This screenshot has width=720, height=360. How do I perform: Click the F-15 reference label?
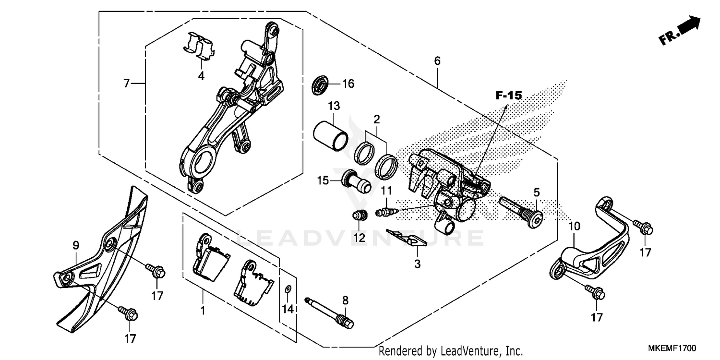pyautogui.click(x=508, y=96)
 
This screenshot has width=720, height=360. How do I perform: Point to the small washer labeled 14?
pyautogui.click(x=288, y=288)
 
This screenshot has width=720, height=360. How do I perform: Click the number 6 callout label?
pyautogui.click(x=437, y=61)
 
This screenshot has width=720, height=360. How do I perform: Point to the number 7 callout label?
pyautogui.click(x=126, y=84)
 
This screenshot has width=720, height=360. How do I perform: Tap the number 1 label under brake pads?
pyautogui.click(x=203, y=311)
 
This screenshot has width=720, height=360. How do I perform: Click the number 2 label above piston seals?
pyautogui.click(x=377, y=119)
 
